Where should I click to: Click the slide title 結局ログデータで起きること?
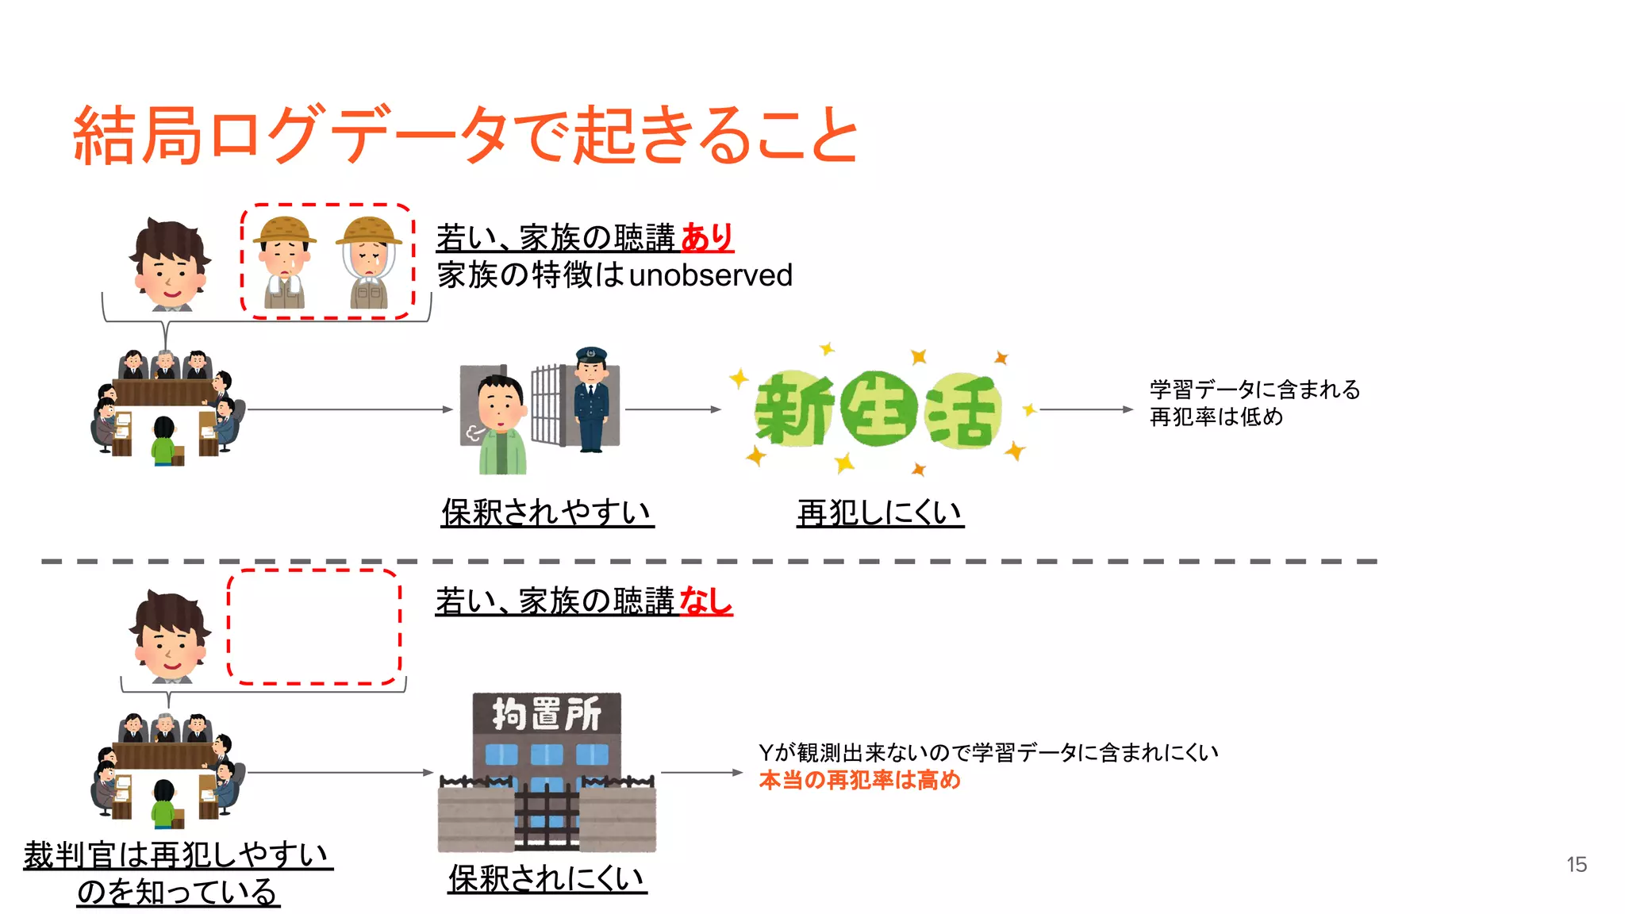click(466, 135)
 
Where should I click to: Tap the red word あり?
click(707, 237)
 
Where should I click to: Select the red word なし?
click(705, 601)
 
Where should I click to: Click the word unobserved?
click(710, 275)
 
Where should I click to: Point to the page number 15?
click(1576, 864)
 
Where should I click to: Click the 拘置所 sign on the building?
click(547, 713)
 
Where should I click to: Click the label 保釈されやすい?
click(547, 513)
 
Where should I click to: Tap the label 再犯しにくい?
click(880, 513)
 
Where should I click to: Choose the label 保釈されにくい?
click(547, 878)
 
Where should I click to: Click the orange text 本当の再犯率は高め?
click(859, 780)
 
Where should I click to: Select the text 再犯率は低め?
click(1216, 417)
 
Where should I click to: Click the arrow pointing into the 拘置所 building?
click(341, 772)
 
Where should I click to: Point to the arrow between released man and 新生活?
click(673, 409)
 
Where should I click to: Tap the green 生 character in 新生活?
click(878, 409)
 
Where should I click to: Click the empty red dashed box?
click(314, 626)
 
